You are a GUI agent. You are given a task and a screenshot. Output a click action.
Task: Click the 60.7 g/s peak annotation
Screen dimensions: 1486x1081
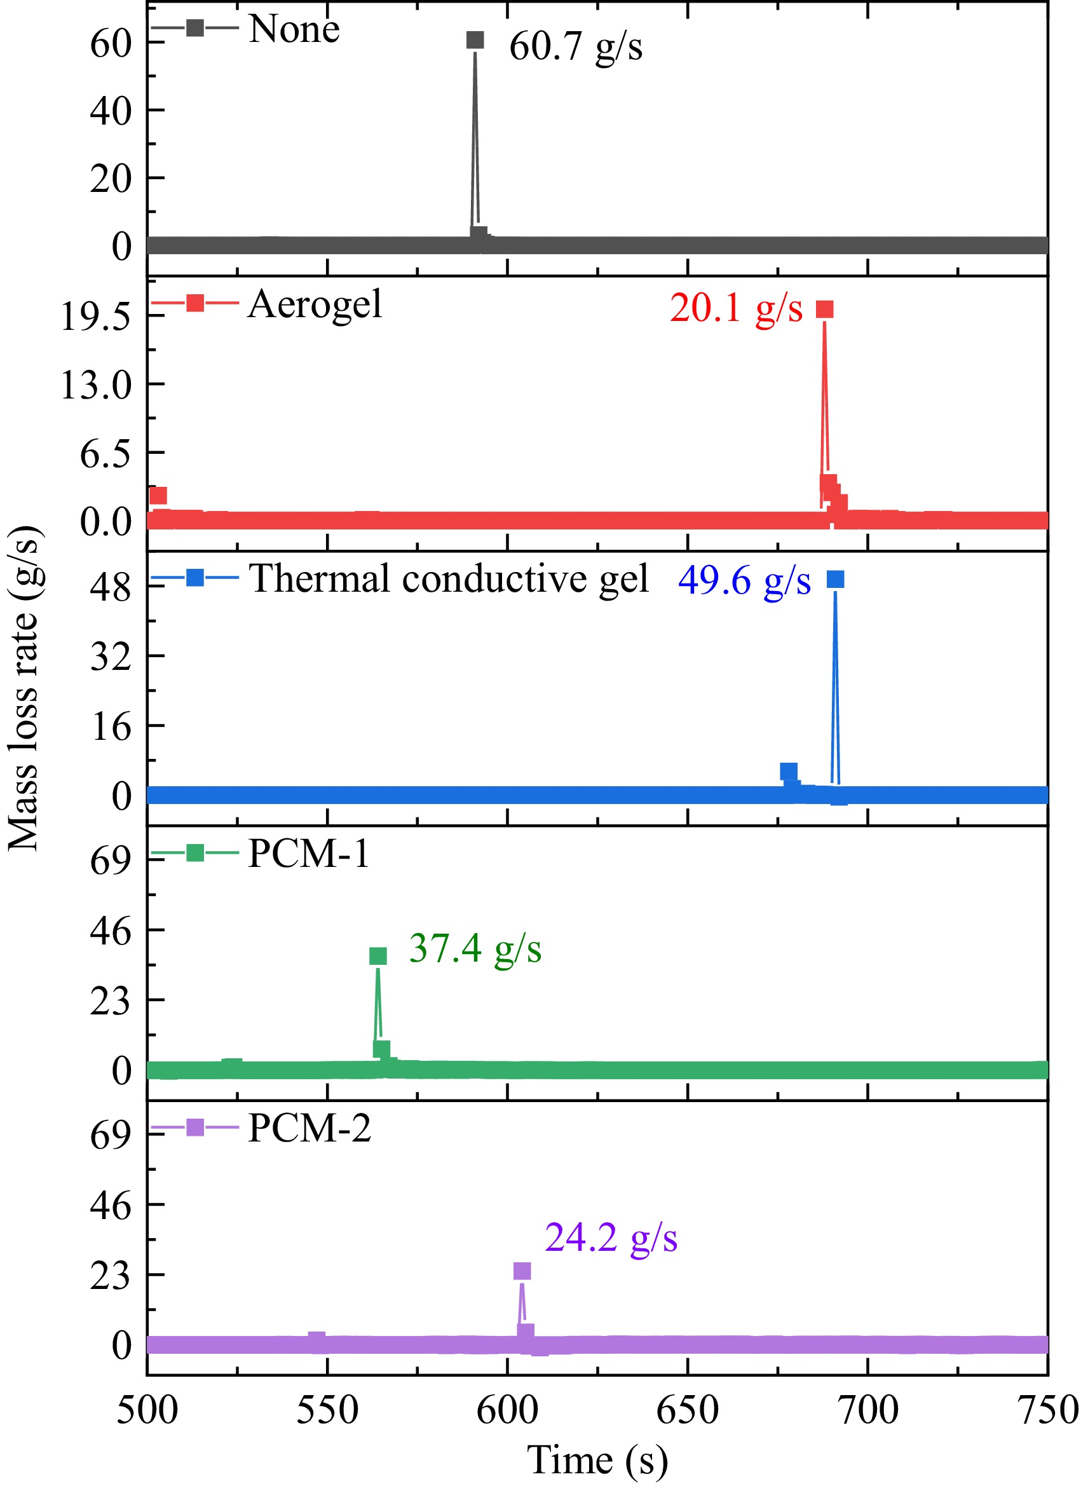(x=575, y=46)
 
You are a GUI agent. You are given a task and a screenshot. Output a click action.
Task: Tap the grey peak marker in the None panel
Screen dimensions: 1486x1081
(x=475, y=41)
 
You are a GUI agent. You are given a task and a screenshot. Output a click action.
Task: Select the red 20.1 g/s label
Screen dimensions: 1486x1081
(x=736, y=308)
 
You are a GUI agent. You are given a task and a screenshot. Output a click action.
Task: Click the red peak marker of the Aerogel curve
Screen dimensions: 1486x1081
(x=824, y=310)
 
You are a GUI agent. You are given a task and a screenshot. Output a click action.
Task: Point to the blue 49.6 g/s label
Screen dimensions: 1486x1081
(x=744, y=580)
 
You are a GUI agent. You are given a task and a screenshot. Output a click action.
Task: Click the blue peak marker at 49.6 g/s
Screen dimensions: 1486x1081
(x=835, y=579)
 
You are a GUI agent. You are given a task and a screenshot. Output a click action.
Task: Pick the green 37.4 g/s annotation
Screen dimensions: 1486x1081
(x=475, y=948)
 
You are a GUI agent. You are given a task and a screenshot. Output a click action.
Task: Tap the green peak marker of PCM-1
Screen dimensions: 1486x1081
(x=378, y=956)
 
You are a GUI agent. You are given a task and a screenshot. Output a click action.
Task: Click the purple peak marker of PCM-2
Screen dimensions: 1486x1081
(x=522, y=1271)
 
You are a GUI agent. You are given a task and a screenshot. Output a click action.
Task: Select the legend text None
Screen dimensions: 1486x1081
(x=294, y=29)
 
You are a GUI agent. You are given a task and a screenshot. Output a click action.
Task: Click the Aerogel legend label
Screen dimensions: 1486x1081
(x=315, y=304)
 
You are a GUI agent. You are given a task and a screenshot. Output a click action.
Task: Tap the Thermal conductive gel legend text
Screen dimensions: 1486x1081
(x=449, y=579)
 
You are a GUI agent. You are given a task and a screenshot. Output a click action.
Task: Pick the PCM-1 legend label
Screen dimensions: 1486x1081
(x=309, y=854)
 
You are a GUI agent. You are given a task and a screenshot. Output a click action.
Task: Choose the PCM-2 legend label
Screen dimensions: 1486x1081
(x=309, y=1128)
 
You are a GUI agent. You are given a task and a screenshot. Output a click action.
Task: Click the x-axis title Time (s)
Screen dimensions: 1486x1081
(x=597, y=1460)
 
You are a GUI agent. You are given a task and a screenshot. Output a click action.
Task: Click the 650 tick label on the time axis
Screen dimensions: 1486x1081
(x=687, y=1410)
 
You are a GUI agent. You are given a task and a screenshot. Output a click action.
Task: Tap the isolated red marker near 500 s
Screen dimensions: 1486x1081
(x=157, y=495)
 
